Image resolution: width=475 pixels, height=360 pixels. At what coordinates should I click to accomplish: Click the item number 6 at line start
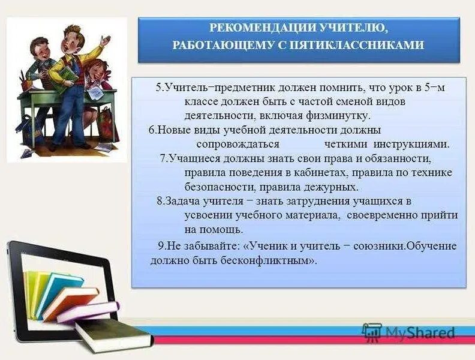(x=151, y=130)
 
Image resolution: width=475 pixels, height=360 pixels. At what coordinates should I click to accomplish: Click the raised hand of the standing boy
(x=106, y=41)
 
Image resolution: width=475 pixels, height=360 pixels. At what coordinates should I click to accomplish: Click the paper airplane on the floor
(x=27, y=152)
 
